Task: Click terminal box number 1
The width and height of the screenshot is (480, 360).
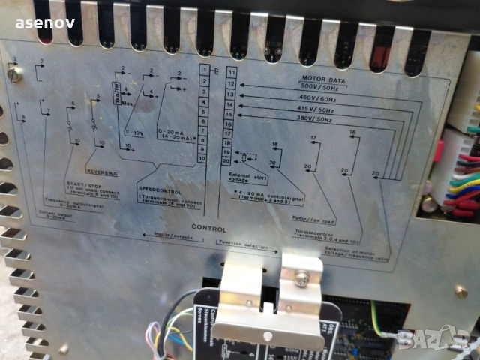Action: coord(203,70)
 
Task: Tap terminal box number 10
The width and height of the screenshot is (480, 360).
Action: coord(202,159)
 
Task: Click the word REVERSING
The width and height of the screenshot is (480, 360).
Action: coord(103,172)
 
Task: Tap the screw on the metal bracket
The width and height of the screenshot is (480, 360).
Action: coord(301,277)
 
